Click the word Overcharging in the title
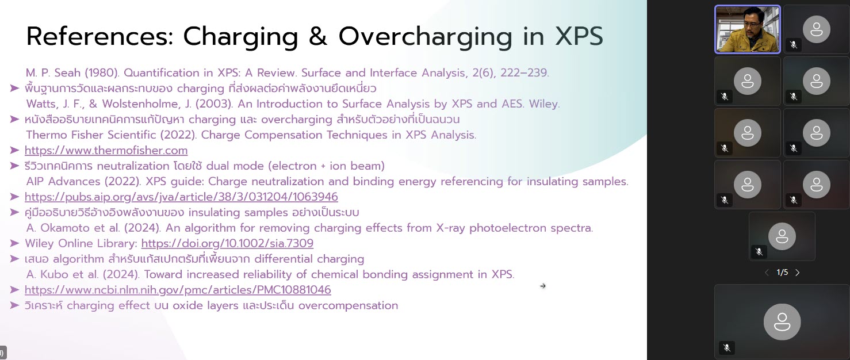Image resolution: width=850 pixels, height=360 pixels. [x=425, y=37]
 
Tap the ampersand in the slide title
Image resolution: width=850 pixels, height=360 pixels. [x=318, y=36]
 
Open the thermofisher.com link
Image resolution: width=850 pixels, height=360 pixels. [x=106, y=150]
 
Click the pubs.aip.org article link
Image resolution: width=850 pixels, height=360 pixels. [x=181, y=197]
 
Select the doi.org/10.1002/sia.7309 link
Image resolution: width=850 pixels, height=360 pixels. [x=227, y=243]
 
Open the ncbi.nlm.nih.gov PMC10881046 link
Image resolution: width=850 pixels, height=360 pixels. [x=178, y=290]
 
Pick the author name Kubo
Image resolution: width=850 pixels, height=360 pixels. [x=53, y=274]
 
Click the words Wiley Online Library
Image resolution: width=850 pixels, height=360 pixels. [x=81, y=243]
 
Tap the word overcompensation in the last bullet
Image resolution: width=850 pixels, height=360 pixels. [x=348, y=305]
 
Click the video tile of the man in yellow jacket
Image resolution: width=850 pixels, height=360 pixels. [x=748, y=29]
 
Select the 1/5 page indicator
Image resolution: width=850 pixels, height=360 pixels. [x=782, y=273]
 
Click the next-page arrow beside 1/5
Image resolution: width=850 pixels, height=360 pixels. [x=797, y=273]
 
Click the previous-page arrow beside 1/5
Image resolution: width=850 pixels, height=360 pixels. [x=767, y=273]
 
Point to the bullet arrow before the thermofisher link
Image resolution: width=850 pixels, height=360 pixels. [x=14, y=150]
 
